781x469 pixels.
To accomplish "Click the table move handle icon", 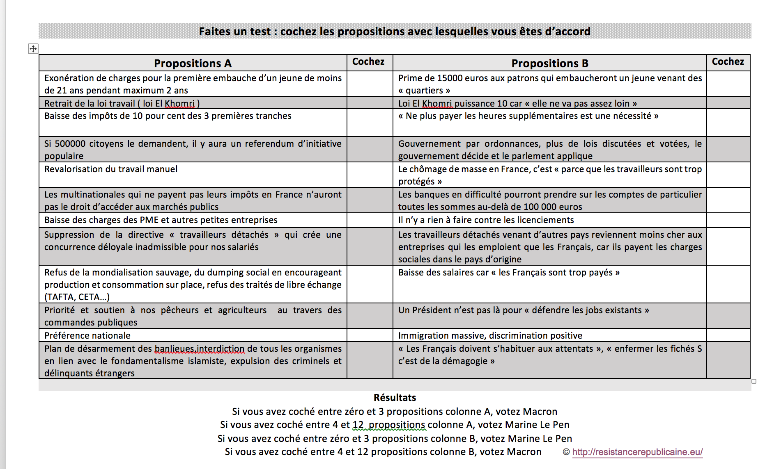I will click(x=33, y=49).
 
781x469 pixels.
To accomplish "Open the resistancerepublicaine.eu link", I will click(x=637, y=452).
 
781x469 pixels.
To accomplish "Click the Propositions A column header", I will click(x=193, y=63).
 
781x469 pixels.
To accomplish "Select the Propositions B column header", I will click(x=549, y=63).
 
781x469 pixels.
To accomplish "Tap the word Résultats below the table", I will click(x=395, y=397).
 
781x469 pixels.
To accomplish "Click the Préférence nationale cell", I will click(x=87, y=335).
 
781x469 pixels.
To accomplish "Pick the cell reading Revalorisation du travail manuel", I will click(x=111, y=169).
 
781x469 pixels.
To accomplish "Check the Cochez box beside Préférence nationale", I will click(x=370, y=335).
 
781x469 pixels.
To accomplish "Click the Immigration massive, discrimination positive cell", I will click(x=490, y=335).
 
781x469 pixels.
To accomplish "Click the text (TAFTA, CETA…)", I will click(x=77, y=297).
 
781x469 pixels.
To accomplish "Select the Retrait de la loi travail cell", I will click(x=122, y=103).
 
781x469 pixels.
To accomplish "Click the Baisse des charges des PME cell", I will click(x=161, y=220).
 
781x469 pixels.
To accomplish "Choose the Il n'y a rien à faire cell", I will click(x=486, y=220).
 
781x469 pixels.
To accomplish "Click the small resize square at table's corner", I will click(x=754, y=381).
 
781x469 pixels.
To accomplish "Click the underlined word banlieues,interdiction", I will click(x=200, y=348).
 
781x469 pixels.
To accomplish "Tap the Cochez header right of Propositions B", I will click(x=728, y=61).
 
